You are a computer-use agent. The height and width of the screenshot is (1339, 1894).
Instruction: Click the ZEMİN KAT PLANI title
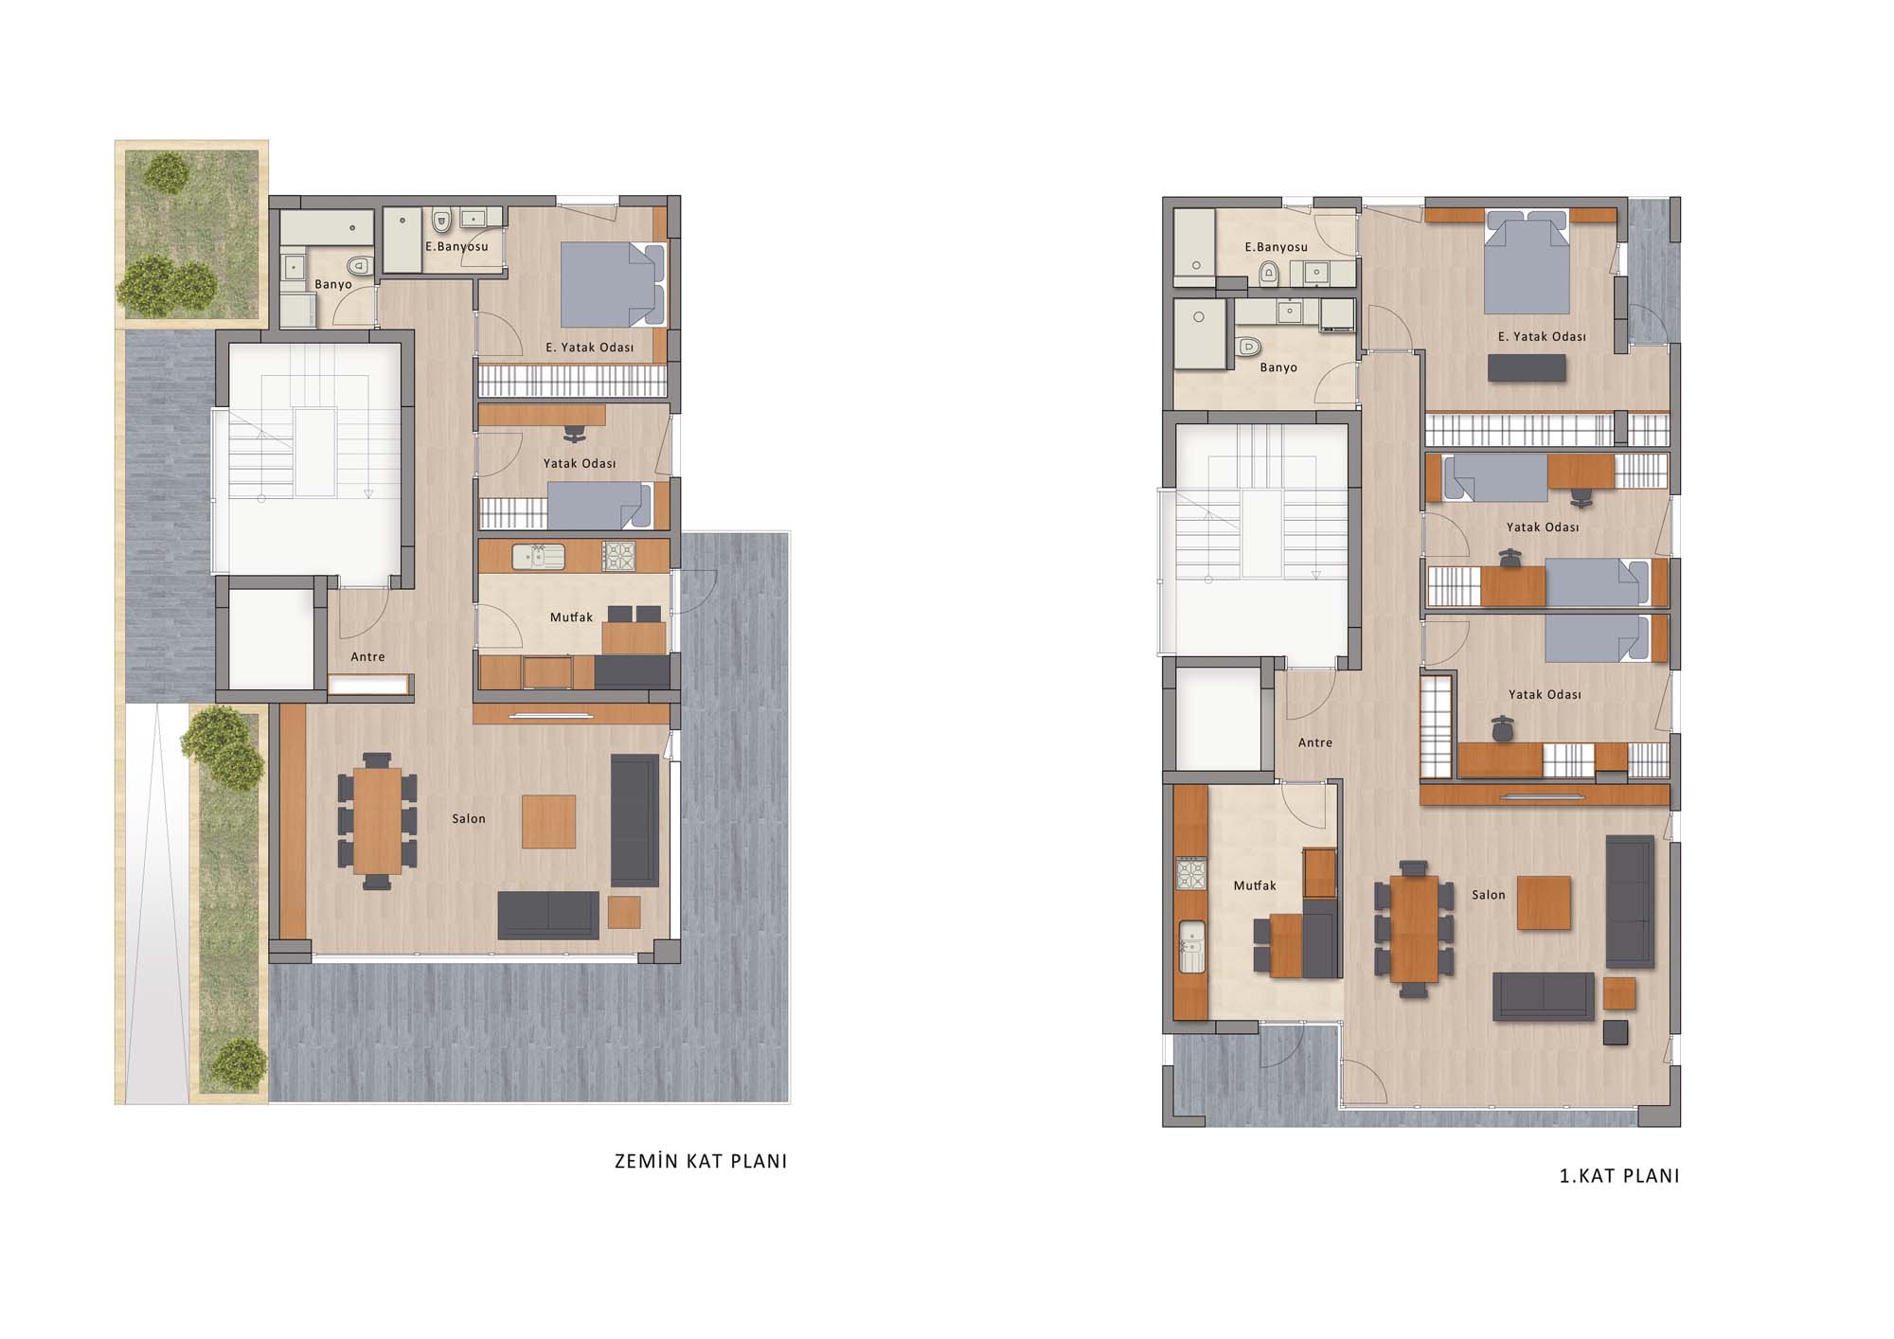[701, 1161]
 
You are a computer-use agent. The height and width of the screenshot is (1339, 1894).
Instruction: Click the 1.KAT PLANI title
[1619, 1176]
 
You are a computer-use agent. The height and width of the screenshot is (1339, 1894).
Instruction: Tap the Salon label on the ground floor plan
[469, 819]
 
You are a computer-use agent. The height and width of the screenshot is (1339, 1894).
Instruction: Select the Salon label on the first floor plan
[1489, 895]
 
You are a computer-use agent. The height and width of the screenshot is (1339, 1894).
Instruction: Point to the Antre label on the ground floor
[367, 657]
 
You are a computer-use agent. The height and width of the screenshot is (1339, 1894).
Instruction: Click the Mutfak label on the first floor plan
[1255, 886]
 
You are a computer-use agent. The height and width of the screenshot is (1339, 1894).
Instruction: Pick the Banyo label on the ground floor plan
[333, 284]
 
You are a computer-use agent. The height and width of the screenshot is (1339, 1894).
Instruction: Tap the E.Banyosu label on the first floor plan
[1276, 247]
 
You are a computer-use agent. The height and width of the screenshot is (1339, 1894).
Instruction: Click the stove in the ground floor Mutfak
[619, 556]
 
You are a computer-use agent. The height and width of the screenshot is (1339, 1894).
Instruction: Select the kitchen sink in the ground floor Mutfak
[539, 556]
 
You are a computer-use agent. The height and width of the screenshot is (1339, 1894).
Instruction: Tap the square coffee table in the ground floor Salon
[549, 822]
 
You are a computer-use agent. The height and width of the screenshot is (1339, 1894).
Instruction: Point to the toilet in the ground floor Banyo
[357, 265]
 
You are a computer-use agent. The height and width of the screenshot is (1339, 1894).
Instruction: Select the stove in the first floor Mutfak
[1191, 873]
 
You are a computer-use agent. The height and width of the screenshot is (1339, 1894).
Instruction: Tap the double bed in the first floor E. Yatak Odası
[1527, 262]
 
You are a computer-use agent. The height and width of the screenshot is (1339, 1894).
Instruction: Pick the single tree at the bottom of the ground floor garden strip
[239, 1062]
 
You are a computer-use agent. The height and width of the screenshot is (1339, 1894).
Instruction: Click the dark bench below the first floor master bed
[1527, 368]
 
